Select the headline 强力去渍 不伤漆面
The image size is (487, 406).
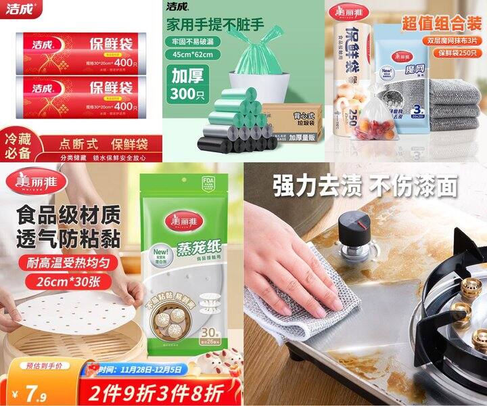pos(365,185)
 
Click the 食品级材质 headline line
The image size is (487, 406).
pos(70,216)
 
